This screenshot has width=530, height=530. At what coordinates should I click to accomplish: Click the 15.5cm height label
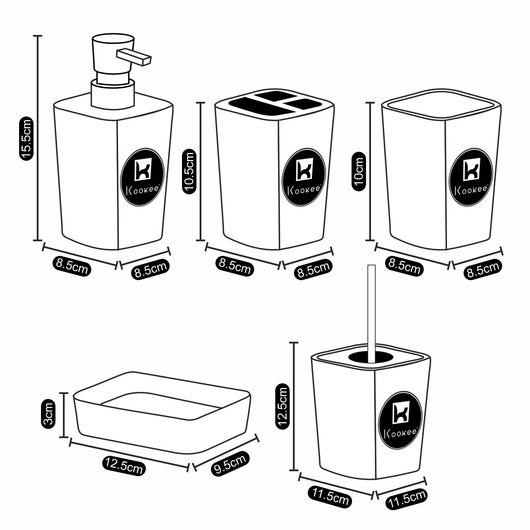(x=26, y=140)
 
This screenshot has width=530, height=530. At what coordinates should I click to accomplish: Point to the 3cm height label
(x=48, y=414)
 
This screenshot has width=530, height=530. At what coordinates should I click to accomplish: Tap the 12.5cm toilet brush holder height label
(x=283, y=407)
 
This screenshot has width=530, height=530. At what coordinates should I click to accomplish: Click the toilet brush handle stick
(x=371, y=311)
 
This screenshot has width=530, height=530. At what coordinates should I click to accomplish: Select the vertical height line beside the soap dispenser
(x=38, y=138)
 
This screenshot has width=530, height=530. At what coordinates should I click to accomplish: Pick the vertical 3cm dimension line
(x=64, y=415)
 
